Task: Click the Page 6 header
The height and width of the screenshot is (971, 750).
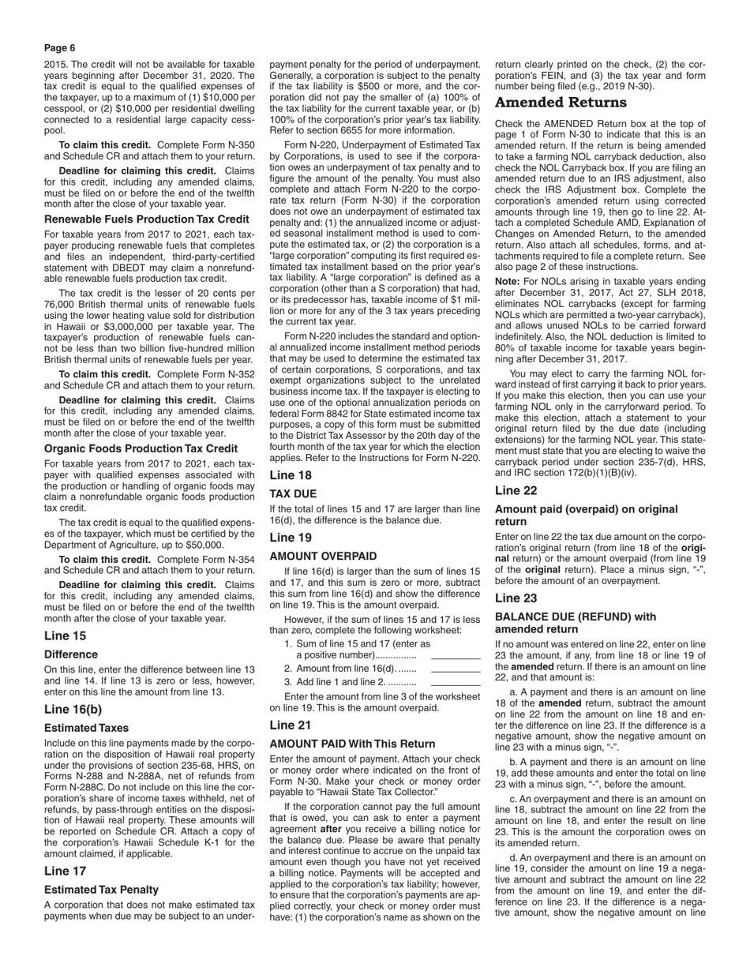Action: click(60, 48)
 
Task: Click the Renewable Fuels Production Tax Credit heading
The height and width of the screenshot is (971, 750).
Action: click(147, 219)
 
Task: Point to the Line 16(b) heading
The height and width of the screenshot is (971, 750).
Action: click(77, 709)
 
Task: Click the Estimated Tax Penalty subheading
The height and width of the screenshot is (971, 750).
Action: click(101, 889)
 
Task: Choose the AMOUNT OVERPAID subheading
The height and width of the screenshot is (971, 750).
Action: click(323, 556)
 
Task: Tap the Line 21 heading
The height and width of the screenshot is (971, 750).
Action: click(290, 725)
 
